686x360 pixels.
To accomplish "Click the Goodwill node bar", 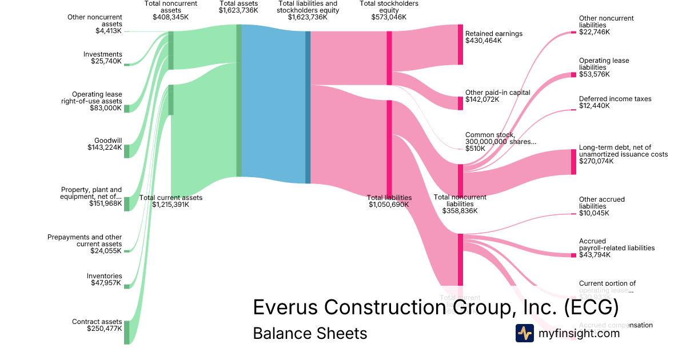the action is pyautogui.click(x=127, y=151).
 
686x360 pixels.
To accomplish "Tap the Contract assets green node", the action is pyautogui.click(x=127, y=333).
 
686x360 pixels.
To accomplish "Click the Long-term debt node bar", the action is pyautogui.click(x=573, y=162).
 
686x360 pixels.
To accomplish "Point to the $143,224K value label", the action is pyautogui.click(x=106, y=147).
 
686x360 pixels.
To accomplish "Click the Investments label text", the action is pyautogui.click(x=102, y=54).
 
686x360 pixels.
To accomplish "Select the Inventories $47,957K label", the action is pyautogui.click(x=104, y=279).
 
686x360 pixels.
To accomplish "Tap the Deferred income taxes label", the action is pyautogui.click(x=615, y=99).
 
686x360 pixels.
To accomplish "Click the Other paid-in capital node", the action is pyautogui.click(x=460, y=103).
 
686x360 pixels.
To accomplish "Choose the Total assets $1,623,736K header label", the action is pyautogui.click(x=238, y=7).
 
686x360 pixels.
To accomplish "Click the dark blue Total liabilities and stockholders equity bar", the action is pyautogui.click(x=308, y=107).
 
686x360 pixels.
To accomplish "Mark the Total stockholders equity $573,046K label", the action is pyautogui.click(x=389, y=10).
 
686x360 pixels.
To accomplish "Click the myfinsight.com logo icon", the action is pyautogui.click(x=524, y=333).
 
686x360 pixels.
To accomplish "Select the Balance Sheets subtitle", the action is pyautogui.click(x=310, y=333).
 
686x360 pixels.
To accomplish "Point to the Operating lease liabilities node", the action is pyautogui.click(x=573, y=74).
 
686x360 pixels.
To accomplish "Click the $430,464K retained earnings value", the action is pyautogui.click(x=483, y=41).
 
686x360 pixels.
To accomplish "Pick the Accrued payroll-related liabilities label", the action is pyautogui.click(x=616, y=245).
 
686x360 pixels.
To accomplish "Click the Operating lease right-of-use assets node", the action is pyautogui.click(x=127, y=109).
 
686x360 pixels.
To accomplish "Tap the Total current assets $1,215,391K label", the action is pyautogui.click(x=171, y=201).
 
